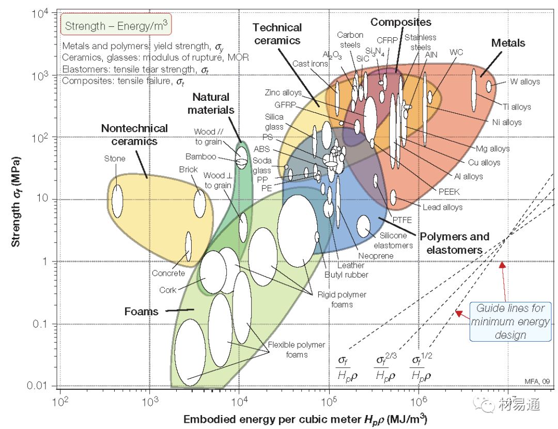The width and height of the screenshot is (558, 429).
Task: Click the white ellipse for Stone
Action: click(x=117, y=200)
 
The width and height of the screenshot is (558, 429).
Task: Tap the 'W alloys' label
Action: click(x=524, y=82)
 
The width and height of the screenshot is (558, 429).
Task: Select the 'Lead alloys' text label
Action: click(x=442, y=207)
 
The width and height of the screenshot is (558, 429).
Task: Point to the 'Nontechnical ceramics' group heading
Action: click(x=134, y=134)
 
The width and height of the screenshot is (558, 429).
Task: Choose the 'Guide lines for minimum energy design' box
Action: click(x=510, y=321)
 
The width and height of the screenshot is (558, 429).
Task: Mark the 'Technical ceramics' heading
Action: click(x=277, y=34)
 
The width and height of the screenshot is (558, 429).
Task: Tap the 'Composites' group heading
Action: click(x=400, y=22)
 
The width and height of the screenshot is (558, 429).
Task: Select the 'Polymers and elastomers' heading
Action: click(x=454, y=243)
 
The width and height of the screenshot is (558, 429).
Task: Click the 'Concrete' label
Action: click(x=168, y=273)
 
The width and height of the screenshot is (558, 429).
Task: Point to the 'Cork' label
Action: click(x=167, y=290)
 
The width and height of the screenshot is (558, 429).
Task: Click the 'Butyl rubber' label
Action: click(x=346, y=274)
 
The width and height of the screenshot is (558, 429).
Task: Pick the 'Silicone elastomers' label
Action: click(x=393, y=240)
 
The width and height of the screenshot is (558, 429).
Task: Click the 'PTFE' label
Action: click(x=402, y=220)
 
